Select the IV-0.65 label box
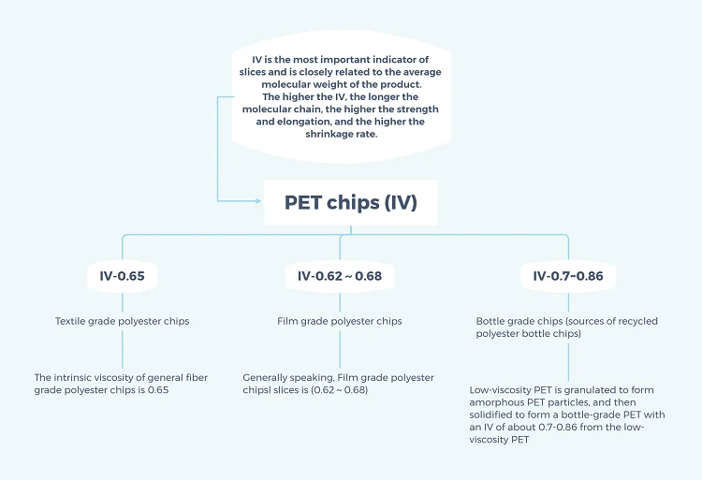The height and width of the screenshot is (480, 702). coord(122,277)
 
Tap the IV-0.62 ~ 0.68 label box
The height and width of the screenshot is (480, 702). coord(340,277)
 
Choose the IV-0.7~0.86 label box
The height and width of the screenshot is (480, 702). coord(568,277)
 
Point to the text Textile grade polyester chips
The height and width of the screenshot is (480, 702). coord(122,321)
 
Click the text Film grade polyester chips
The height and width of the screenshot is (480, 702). coord(340,321)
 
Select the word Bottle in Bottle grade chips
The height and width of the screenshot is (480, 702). coord(491,321)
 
